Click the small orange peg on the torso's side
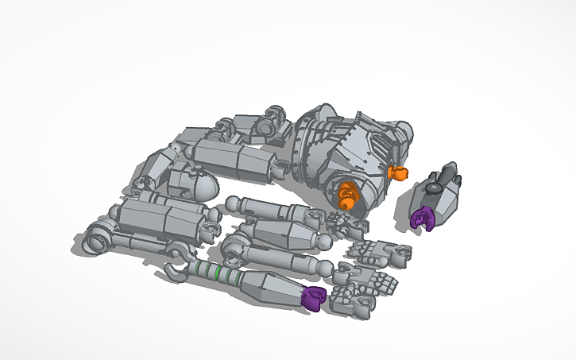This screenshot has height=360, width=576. [396, 172]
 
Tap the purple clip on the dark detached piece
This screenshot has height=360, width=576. [421, 216]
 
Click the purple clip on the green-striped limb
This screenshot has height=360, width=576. [315, 298]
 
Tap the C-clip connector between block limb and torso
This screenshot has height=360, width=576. [280, 168]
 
